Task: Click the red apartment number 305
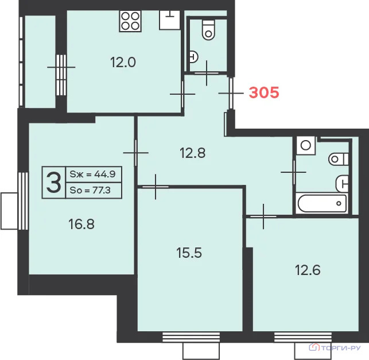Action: point(264,92)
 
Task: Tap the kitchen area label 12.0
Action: point(123,63)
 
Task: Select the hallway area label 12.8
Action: point(192,153)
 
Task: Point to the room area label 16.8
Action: point(81,224)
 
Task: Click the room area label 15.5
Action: point(189,253)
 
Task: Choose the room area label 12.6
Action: point(308,270)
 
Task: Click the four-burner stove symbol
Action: point(130,21)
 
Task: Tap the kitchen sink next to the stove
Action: point(170,20)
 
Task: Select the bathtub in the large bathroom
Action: point(322,203)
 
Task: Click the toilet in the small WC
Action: point(208,30)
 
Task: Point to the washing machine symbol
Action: point(306,145)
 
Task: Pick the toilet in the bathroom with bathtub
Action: point(339,159)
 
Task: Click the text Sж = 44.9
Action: point(93,174)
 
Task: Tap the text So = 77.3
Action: point(90,190)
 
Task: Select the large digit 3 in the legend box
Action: point(53,183)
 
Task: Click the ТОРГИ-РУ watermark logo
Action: point(335,347)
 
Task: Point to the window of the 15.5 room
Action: point(191,337)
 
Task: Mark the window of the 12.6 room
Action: point(303,337)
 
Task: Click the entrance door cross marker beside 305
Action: point(231,93)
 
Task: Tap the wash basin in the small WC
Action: point(193,57)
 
